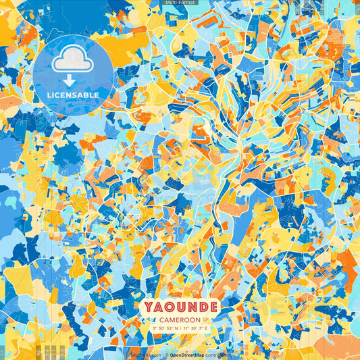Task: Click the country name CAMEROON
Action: click(x=179, y=319)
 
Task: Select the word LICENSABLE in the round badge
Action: click(x=73, y=95)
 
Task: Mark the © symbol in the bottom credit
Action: click(x=166, y=354)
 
